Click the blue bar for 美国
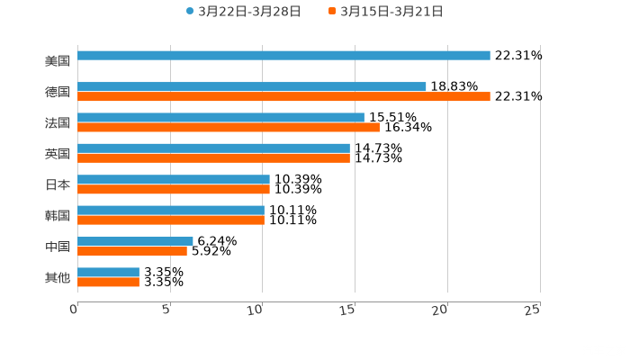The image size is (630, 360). point(283,56)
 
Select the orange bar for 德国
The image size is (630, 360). point(283,97)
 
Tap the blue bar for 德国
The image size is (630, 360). point(252,86)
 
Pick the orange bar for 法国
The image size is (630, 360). point(229,128)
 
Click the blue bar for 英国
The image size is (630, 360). point(213,148)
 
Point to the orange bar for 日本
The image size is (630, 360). point(174,190)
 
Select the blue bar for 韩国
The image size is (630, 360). point(171,211)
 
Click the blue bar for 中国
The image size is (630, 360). point(135,241)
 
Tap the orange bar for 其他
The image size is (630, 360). point(108,283)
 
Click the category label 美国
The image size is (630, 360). point(58,61)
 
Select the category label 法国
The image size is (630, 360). point(58,123)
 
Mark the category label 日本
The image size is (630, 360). point(58,185)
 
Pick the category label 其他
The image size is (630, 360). point(58,278)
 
